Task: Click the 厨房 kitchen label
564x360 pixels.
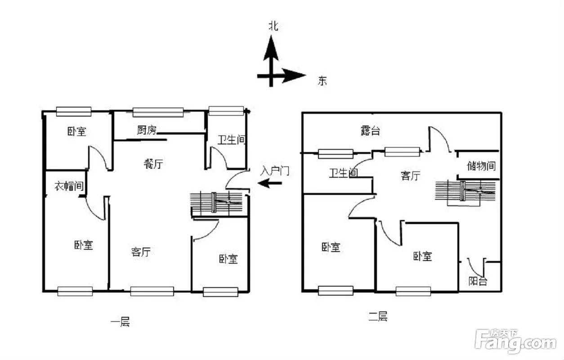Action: [147, 130]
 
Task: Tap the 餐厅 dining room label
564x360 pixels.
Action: [153, 164]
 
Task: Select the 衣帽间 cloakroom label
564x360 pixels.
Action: [69, 186]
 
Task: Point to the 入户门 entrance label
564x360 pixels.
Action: [275, 171]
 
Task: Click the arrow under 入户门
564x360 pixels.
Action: [270, 183]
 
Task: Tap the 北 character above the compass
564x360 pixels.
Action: [274, 26]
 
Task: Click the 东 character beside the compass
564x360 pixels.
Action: [322, 81]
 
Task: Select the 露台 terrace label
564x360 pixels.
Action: [370, 130]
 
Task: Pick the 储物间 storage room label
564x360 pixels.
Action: [481, 166]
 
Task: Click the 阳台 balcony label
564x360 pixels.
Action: [478, 281]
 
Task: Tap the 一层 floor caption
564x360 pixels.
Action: [120, 322]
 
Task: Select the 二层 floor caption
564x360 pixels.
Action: [378, 316]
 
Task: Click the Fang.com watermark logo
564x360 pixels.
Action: [515, 341]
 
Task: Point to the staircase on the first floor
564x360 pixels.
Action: [216, 202]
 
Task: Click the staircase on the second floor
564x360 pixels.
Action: [466, 192]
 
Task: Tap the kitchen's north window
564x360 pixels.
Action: [158, 112]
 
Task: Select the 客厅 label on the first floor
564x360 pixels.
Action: [141, 252]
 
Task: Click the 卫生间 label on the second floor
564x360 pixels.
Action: [344, 173]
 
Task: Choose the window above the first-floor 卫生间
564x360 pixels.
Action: [226, 111]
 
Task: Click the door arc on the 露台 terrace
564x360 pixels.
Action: [442, 135]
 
